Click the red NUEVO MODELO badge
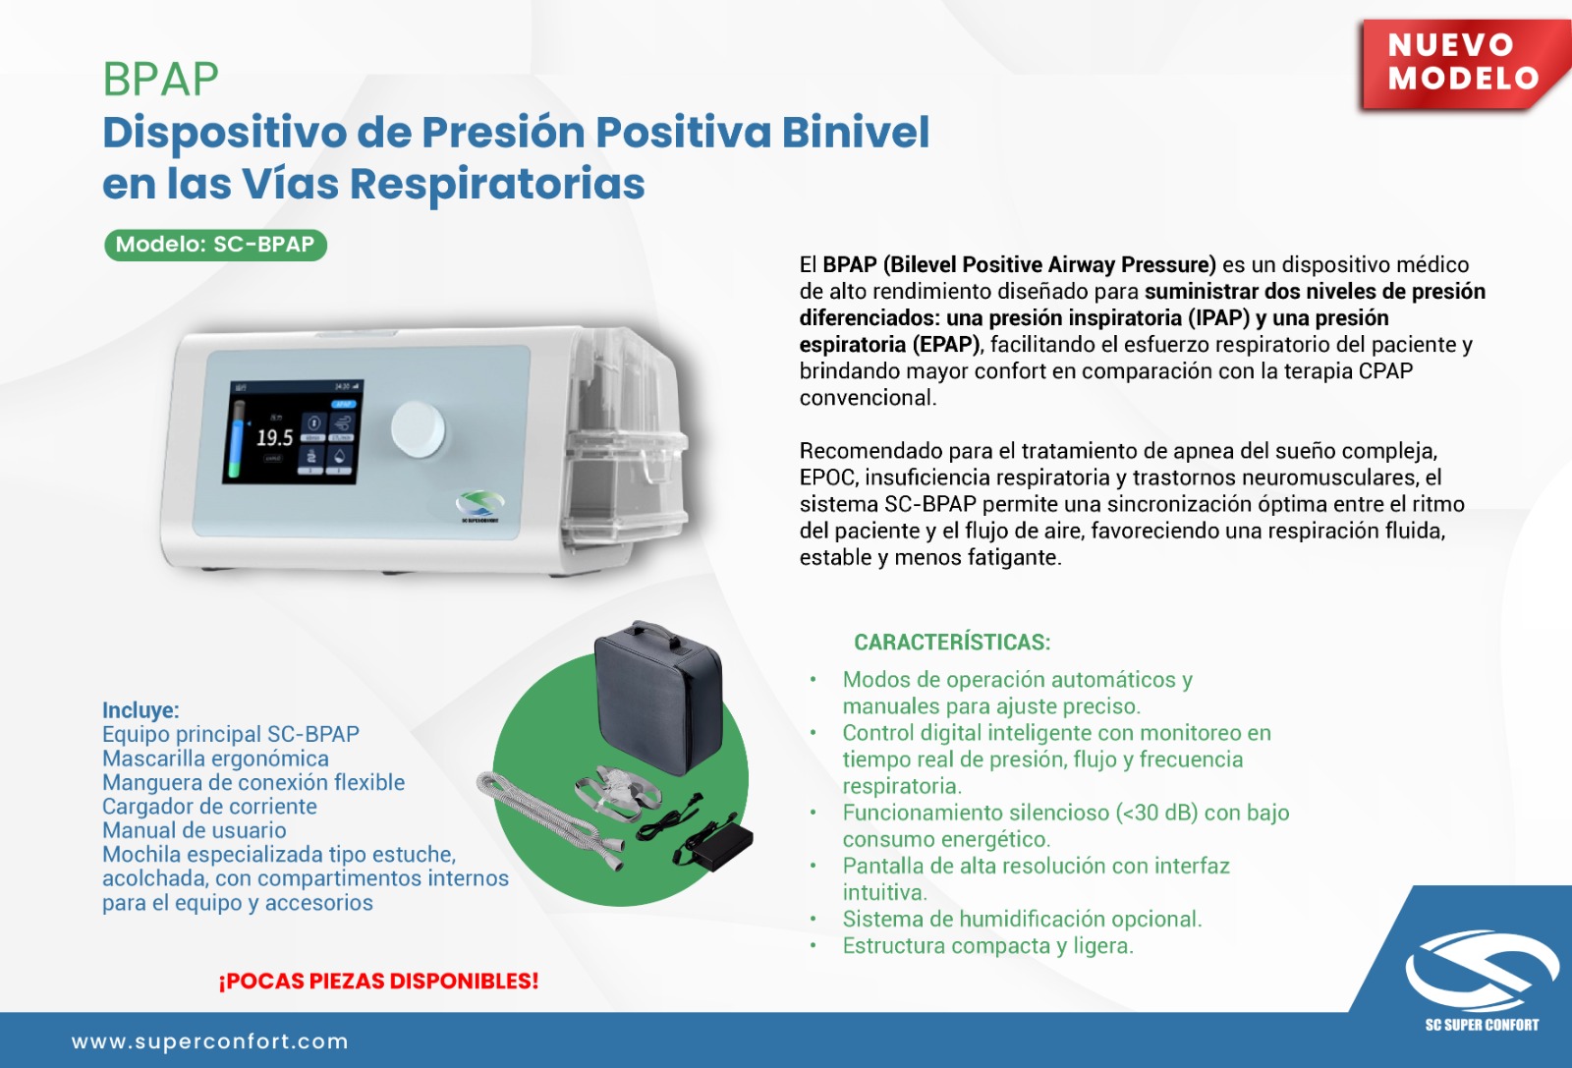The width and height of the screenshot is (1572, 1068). [x=1463, y=63]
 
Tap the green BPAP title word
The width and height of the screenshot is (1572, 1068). [x=161, y=80]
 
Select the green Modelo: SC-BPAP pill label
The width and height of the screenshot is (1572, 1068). [x=215, y=245]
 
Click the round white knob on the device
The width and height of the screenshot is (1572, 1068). [x=418, y=428]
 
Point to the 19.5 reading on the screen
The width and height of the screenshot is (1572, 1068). [x=274, y=438]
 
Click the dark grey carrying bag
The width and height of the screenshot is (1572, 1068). [x=658, y=699]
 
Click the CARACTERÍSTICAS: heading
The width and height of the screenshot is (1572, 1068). [x=952, y=642]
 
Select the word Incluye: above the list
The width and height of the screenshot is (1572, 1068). [x=141, y=710]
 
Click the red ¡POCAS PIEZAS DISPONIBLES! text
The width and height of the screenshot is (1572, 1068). [x=379, y=981]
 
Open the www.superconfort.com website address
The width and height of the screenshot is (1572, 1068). [x=210, y=1041]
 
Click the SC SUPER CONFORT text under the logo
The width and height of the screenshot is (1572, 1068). [x=1482, y=1025]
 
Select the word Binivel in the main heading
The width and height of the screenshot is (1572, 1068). [x=856, y=132]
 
